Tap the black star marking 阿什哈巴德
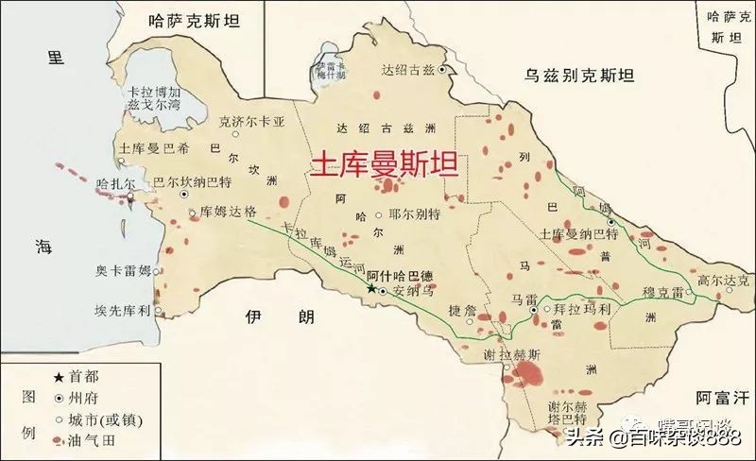[x=370, y=288]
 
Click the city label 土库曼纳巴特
[x=579, y=231]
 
